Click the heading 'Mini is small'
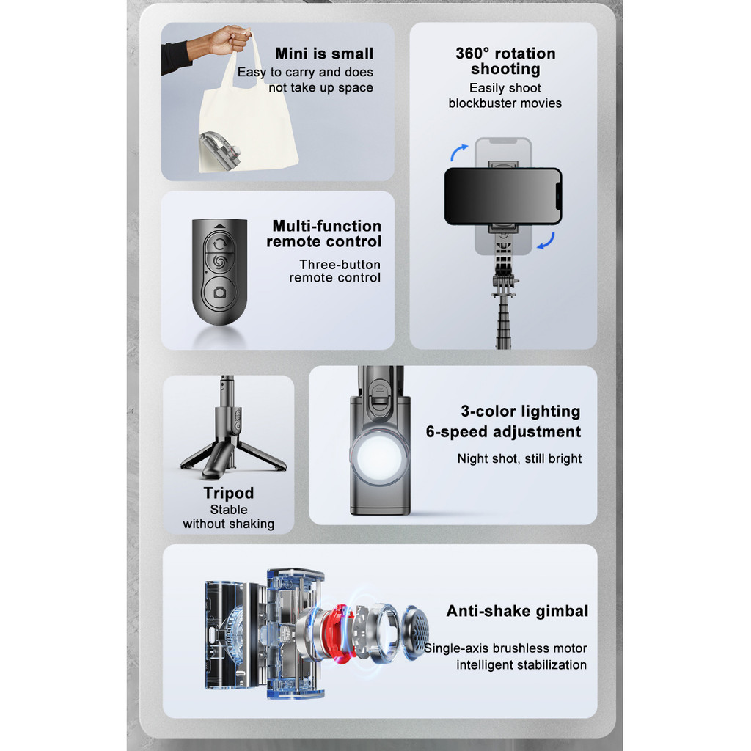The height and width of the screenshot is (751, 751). tap(324, 54)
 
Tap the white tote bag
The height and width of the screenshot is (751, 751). tap(246, 120)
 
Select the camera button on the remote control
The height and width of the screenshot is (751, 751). tap(220, 292)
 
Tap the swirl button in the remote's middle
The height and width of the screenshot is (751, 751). tap(219, 262)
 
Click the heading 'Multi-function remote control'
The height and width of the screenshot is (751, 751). tap(324, 234)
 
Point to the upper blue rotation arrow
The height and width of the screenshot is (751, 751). tap(458, 153)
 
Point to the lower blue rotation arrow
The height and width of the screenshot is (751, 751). tap(546, 241)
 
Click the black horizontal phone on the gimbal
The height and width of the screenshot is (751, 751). tap(503, 197)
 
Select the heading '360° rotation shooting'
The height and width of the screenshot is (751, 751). tap(505, 61)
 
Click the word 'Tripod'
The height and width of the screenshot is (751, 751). tap(229, 493)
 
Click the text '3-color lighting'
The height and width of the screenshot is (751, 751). tap(521, 411)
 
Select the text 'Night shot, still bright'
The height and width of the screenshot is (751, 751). tap(519, 458)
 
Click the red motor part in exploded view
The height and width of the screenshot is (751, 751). tap(340, 633)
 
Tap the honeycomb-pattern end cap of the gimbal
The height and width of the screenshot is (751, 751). tap(415, 633)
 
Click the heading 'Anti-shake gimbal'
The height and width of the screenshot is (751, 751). tap(517, 611)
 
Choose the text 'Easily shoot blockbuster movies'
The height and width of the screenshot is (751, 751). tap(505, 95)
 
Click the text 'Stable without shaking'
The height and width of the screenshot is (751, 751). tap(229, 516)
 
